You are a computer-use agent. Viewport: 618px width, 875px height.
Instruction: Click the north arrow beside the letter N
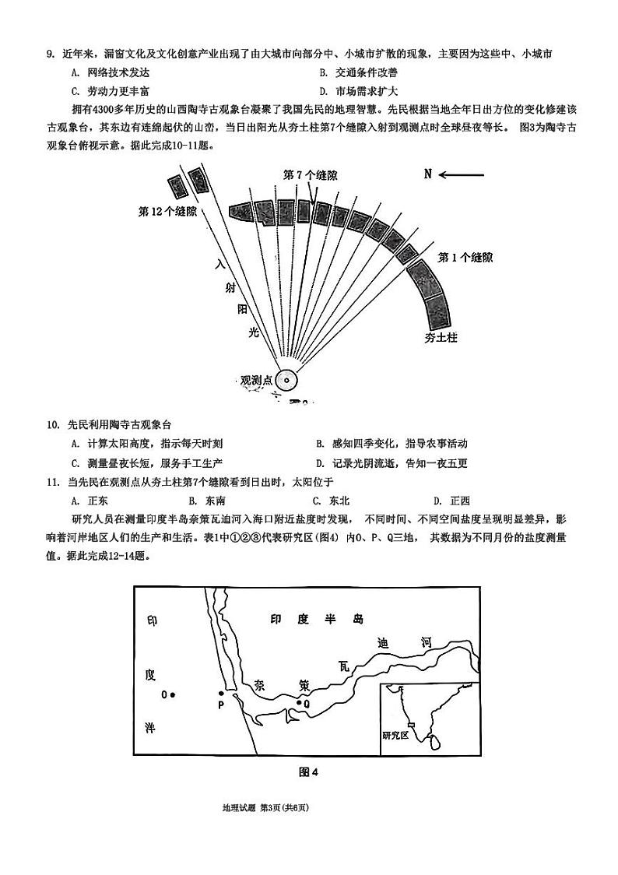point(463,174)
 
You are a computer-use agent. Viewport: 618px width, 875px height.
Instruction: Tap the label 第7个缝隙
point(311,174)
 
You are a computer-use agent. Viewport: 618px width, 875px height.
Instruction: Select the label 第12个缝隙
point(167,211)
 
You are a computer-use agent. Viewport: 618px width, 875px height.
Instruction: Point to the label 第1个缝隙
point(464,258)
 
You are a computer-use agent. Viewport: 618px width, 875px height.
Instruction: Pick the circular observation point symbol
point(286,381)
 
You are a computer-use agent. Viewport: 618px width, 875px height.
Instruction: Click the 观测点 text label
point(256,381)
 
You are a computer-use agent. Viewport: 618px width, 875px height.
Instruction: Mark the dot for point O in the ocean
point(173,694)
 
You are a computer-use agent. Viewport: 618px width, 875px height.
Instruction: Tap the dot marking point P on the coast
point(221,693)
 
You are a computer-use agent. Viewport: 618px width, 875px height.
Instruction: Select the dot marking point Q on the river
point(298,703)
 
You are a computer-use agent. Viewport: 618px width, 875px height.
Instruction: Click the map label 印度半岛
point(317,620)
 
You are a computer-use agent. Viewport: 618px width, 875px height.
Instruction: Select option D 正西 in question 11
point(452,501)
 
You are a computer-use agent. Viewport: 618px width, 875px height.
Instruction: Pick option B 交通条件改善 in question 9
point(358,72)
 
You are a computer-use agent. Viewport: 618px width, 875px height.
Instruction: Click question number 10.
point(53,424)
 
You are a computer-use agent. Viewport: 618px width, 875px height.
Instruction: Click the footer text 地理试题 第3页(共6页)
point(265,809)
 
